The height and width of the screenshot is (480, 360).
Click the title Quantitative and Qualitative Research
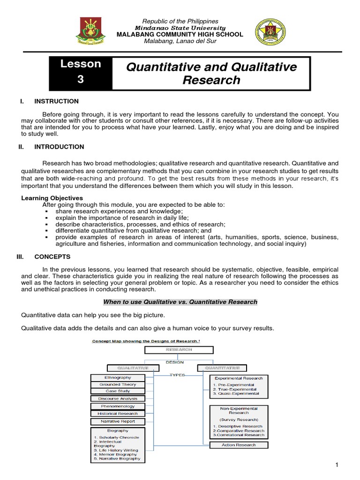click(211, 73)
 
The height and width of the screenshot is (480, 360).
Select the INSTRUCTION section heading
click(57, 101)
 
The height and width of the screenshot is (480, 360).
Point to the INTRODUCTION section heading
click(59, 147)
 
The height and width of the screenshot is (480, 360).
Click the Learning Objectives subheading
click(52, 198)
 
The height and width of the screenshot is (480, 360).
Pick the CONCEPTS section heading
click(52, 257)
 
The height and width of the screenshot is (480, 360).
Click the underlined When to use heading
click(180, 302)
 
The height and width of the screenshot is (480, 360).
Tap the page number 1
click(337, 464)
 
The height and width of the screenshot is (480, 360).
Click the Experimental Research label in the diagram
click(238, 378)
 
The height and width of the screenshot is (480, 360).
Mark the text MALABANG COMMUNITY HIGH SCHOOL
click(180, 34)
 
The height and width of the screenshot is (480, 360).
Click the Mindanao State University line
click(180, 28)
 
